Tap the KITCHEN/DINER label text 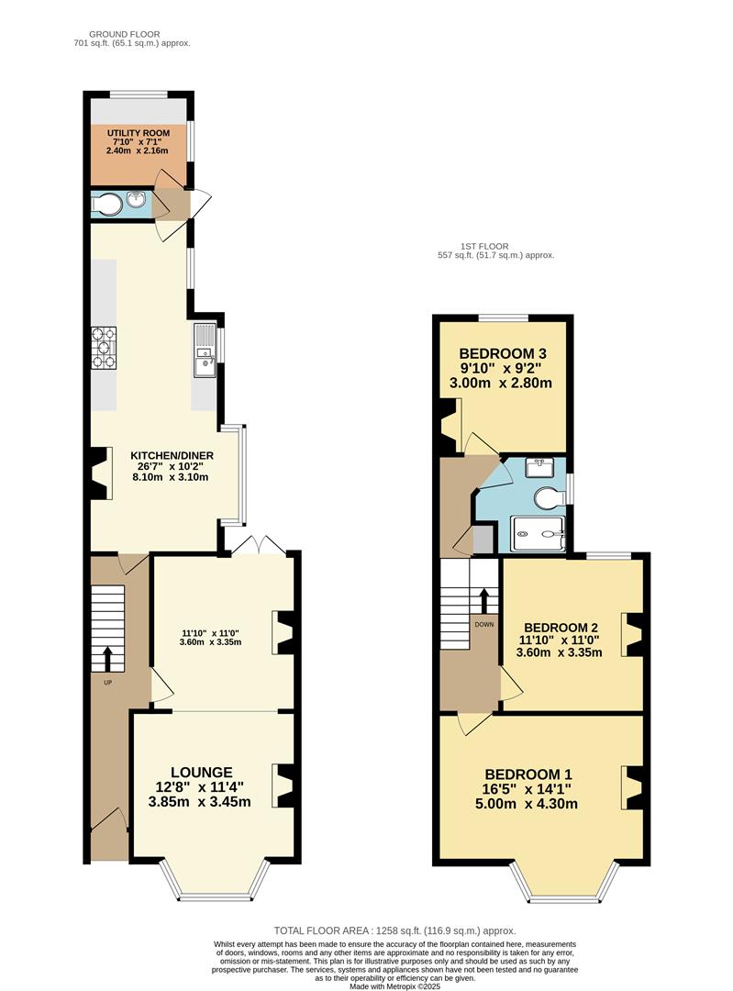[172, 455]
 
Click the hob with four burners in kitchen [104, 349]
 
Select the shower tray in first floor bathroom [538, 532]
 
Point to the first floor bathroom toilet [549, 497]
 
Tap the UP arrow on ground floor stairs [107, 659]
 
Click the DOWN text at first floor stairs [484, 624]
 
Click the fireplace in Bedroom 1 [631, 786]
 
